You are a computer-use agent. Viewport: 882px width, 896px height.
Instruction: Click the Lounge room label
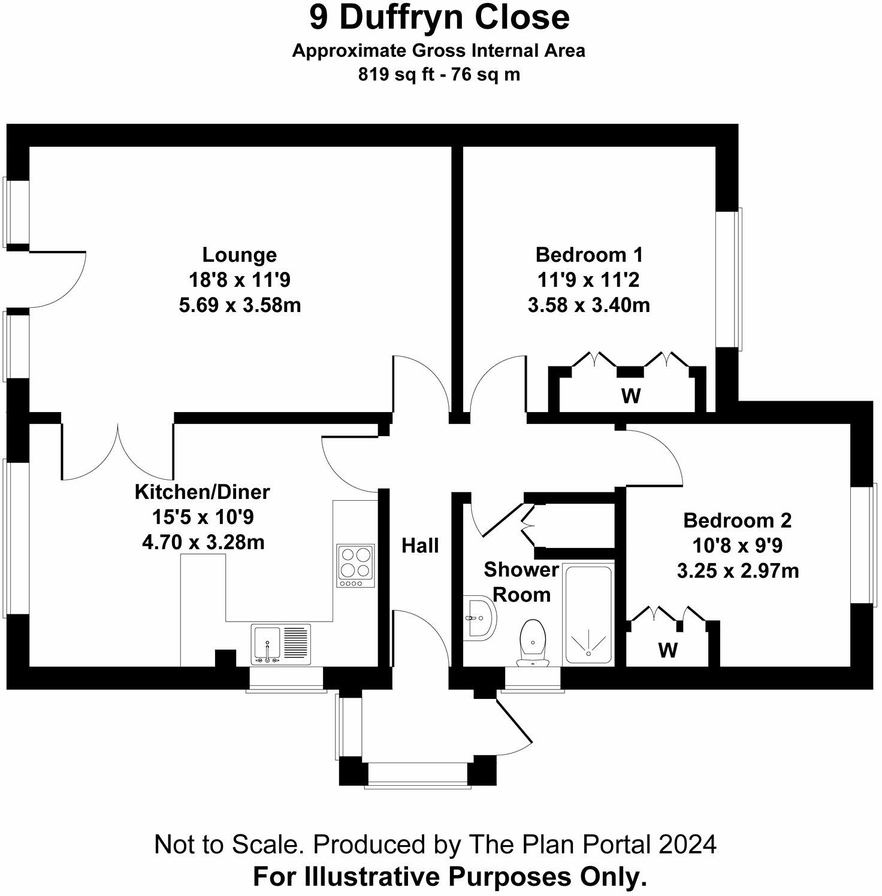tap(239, 255)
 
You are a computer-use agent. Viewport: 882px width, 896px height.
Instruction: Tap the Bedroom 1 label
tap(588, 255)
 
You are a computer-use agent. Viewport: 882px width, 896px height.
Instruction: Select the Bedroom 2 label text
tap(737, 520)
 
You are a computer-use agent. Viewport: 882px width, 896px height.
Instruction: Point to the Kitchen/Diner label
tap(203, 492)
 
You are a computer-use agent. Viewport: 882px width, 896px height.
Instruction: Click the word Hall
tap(420, 546)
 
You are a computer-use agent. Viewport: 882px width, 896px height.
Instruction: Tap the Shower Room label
tap(521, 582)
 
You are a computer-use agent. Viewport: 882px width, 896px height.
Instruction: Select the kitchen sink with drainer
tap(281, 644)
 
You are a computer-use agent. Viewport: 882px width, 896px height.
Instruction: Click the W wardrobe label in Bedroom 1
tap(630, 396)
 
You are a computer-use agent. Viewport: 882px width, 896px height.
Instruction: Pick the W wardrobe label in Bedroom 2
tap(667, 650)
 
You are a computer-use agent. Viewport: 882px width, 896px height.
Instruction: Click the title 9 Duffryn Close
tap(439, 17)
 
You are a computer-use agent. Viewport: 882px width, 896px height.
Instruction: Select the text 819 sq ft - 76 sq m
tap(439, 75)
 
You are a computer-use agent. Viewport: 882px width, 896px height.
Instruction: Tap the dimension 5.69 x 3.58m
tap(240, 305)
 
